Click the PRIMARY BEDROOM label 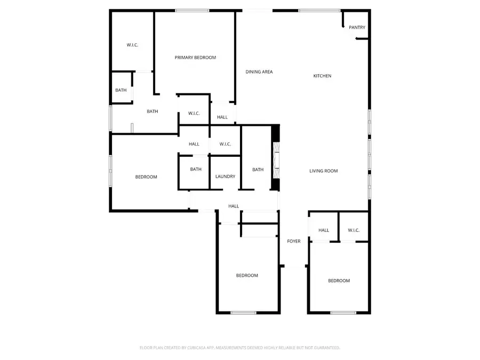[195, 58]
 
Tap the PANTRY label [357, 28]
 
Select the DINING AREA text [259, 72]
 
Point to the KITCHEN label [322, 76]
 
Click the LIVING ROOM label [324, 171]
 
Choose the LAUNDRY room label [226, 177]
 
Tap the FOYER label [294, 242]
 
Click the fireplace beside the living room [276, 158]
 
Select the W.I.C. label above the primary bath [132, 45]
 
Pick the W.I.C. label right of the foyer [354, 230]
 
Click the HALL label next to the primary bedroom [222, 117]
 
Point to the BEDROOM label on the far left [146, 177]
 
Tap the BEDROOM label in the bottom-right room [339, 281]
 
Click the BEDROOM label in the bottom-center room [247, 276]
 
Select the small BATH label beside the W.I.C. [121, 90]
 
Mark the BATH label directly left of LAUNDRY [196, 170]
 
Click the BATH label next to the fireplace [258, 170]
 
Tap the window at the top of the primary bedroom [192, 11]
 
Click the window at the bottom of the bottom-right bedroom [339, 313]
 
